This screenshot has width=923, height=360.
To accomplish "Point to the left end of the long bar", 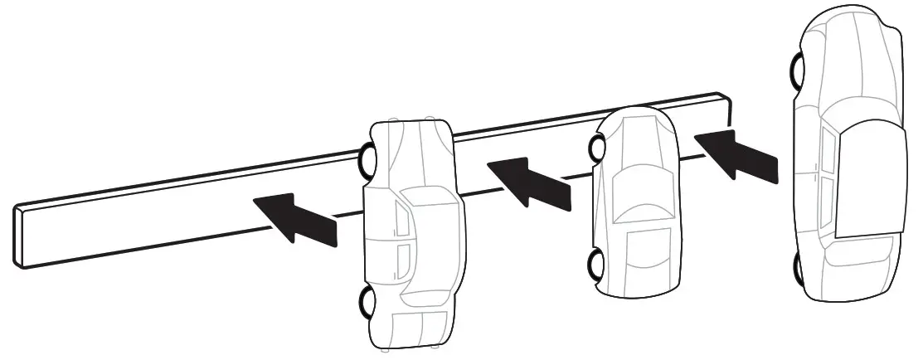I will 20,237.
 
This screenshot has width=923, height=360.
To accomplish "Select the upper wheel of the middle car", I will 596,148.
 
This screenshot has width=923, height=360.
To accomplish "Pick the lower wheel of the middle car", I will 596,265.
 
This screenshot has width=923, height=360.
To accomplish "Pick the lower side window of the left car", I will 404,260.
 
